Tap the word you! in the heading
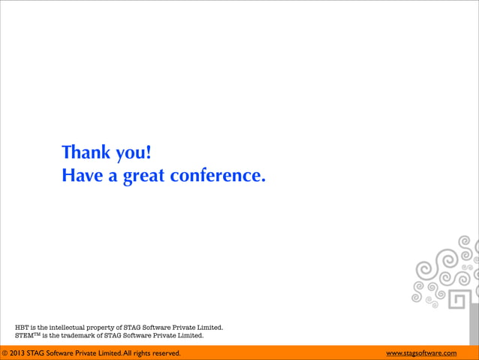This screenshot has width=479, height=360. pyautogui.click(x=133, y=154)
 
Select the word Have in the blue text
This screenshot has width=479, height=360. pyautogui.click(x=82, y=177)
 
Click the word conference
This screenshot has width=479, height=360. pyautogui.click(x=218, y=177)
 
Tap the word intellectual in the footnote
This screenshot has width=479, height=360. pyautogui.click(x=72, y=328)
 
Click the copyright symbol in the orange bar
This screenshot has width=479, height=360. pyautogui.click(x=5, y=353)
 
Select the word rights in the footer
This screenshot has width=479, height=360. pyautogui.click(x=141, y=353)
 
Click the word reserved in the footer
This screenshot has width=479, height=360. pyautogui.click(x=167, y=353)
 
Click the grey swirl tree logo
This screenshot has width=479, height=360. pyautogui.click(x=444, y=271)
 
